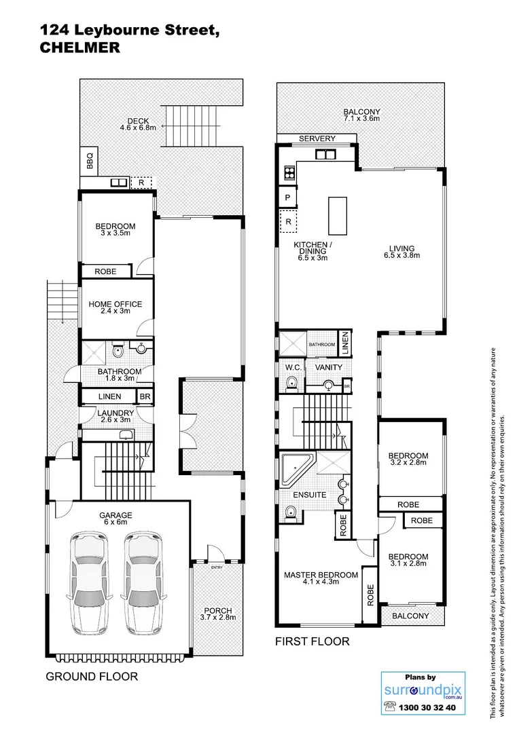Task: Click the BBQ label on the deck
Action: [89, 162]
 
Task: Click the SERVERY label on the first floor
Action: [317, 138]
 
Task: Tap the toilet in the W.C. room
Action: [291, 385]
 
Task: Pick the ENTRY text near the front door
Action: [217, 567]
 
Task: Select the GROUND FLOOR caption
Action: [92, 677]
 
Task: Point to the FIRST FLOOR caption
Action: [312, 641]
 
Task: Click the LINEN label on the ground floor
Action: [109, 396]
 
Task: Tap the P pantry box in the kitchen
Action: [287, 198]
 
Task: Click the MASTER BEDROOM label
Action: [321, 579]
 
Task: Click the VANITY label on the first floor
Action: [329, 367]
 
